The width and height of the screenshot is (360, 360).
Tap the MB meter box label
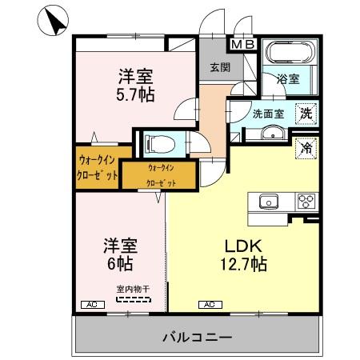[x=244, y=45]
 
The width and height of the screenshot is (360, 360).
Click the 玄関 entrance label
[x=219, y=69]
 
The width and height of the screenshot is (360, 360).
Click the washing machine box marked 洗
[x=306, y=114]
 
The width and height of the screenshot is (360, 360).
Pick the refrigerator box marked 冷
[x=305, y=146]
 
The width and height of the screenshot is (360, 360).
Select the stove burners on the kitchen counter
[x=306, y=201]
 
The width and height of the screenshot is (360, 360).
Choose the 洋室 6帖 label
[x=117, y=254]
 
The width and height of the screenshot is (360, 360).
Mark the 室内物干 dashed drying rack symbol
[x=132, y=299]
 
